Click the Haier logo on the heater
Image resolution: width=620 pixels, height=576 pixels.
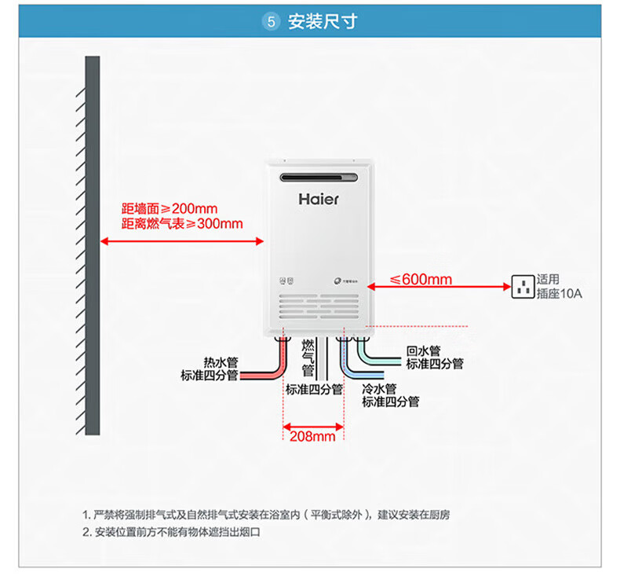[x=319, y=199]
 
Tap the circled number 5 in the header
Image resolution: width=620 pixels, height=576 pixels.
[x=271, y=22]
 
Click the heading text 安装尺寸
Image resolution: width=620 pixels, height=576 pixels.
[x=323, y=22]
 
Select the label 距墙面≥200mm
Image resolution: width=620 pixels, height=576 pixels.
[x=170, y=209]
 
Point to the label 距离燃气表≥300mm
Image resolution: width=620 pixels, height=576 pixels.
[x=182, y=224]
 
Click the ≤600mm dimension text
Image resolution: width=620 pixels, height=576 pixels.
[x=421, y=280]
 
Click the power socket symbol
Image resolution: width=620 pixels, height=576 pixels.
[x=522, y=287]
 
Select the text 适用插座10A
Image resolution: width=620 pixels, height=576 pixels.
[x=559, y=287]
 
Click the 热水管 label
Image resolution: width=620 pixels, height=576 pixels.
[x=220, y=362]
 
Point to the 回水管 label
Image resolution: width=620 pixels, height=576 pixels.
[x=423, y=351]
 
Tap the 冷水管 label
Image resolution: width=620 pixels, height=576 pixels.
[x=379, y=389]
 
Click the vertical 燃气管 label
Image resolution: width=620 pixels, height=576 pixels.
[x=308, y=358]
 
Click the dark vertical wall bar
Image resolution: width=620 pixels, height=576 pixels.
[x=93, y=244]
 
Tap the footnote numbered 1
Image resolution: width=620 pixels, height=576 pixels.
[x=267, y=515]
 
